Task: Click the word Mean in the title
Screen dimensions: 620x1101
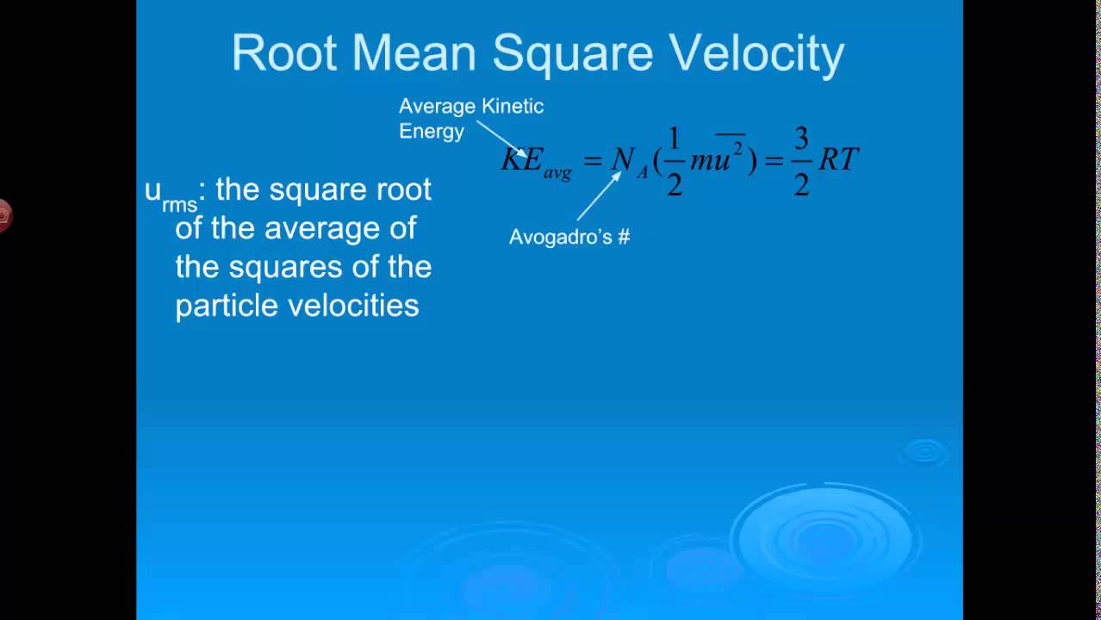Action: [414, 53]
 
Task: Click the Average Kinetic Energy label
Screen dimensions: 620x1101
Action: [470, 119]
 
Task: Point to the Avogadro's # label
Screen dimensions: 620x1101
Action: [569, 237]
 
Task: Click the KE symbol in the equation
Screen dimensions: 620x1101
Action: [521, 159]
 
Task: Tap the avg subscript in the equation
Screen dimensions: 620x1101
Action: [557, 173]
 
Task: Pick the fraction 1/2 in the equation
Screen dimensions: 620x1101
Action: [674, 161]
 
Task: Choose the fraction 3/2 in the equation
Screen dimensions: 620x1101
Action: [801, 161]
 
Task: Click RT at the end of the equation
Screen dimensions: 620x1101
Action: [838, 159]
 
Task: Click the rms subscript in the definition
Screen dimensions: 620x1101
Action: [179, 205]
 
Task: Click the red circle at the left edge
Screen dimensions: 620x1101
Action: [3, 215]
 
